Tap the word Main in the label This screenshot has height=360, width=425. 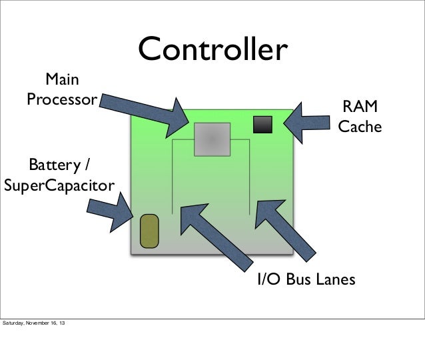click(x=61, y=81)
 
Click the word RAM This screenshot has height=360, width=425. click(x=359, y=107)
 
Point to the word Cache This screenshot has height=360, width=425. click(x=360, y=126)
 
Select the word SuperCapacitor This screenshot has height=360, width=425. click(x=59, y=184)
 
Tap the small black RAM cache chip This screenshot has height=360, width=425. click(x=263, y=125)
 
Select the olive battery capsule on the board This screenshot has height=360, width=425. click(x=149, y=230)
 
